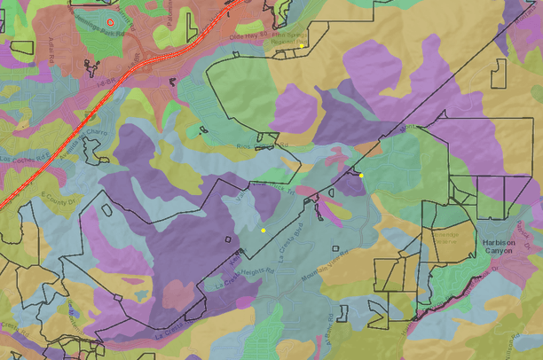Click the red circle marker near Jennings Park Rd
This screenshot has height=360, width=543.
click(x=110, y=20)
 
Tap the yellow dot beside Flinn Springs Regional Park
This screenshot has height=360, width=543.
click(x=302, y=45)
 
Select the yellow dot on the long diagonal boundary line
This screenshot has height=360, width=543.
click(x=362, y=175)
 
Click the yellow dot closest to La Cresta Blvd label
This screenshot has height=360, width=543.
click(x=264, y=230)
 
